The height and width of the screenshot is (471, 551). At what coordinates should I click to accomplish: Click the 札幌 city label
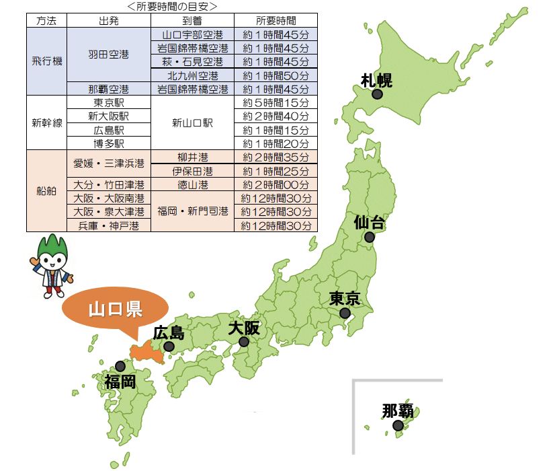[x=376, y=81]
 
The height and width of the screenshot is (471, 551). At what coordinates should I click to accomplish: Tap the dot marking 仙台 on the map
[x=369, y=238]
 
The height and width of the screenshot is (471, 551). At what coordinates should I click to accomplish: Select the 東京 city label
[x=345, y=298]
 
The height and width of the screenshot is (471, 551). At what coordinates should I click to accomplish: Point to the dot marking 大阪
[x=244, y=342]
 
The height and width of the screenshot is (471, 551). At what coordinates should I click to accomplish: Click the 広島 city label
[x=169, y=332]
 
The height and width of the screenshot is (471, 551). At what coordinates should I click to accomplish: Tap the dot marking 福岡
[x=120, y=366]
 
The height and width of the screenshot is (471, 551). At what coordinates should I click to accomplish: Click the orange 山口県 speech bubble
[x=115, y=310]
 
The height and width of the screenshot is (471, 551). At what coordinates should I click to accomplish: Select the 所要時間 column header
[x=275, y=21]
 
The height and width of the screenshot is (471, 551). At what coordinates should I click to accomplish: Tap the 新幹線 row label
[x=47, y=123]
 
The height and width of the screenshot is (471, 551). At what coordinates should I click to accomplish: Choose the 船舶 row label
[x=47, y=191]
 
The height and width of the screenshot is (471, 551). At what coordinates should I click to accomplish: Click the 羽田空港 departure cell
[x=109, y=55]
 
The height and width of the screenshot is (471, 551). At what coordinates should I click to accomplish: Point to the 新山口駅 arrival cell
[x=192, y=123]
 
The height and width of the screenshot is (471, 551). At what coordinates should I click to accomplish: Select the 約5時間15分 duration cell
[x=275, y=103]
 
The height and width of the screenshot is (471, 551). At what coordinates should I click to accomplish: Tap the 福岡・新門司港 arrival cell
[x=192, y=211]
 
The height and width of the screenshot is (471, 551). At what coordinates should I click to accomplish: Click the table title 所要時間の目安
[x=172, y=7]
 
